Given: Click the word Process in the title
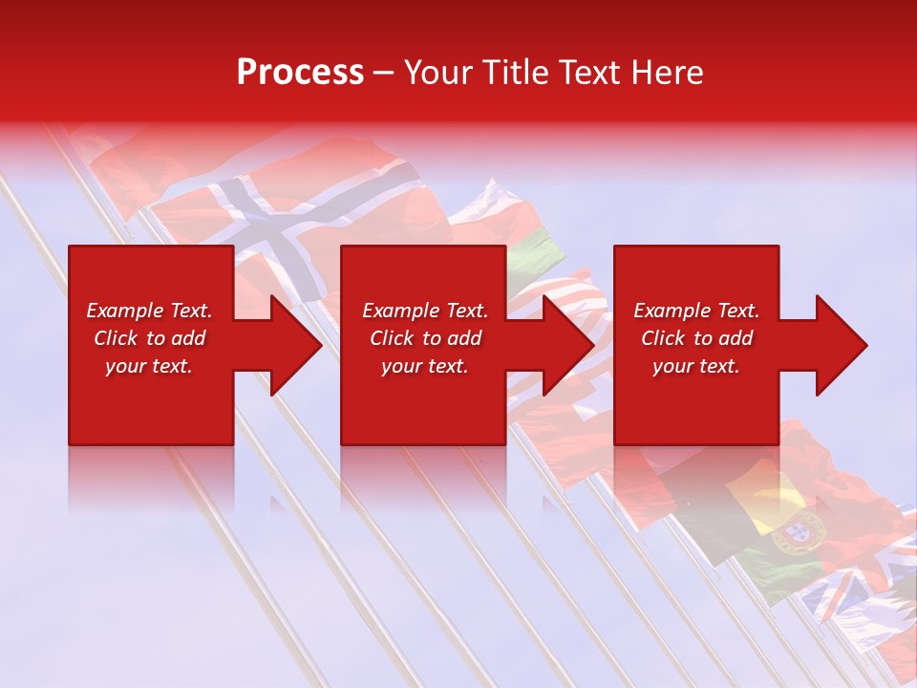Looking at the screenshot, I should coord(300,73).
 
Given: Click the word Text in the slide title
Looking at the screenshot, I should coord(589,73).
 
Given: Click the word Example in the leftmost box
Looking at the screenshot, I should coord(124,311).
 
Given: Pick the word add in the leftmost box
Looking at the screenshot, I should coord(189,338).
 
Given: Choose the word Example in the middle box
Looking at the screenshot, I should coord(399,311).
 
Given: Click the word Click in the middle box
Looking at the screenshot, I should coord(393,338).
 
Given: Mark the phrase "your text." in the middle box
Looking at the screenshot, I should coord(424,366).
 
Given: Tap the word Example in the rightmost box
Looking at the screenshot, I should coord(671,311).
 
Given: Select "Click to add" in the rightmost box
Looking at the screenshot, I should coord(696,338).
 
